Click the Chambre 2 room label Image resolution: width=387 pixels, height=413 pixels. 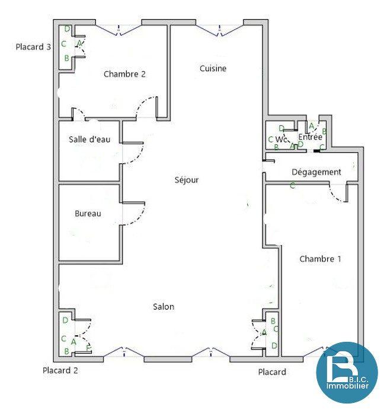click(x=124, y=74)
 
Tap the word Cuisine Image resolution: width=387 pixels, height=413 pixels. click(x=213, y=68)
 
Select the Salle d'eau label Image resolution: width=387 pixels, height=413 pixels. click(x=89, y=139)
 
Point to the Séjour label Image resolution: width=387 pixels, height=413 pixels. click(x=187, y=180)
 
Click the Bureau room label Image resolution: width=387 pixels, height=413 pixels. click(x=88, y=214)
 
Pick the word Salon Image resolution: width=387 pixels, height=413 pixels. click(x=164, y=307)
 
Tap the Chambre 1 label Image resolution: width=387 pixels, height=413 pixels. click(x=320, y=259)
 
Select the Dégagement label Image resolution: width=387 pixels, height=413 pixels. click(x=316, y=172)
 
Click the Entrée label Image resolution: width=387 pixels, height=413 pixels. click(x=310, y=137)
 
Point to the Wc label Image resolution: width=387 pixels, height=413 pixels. click(x=282, y=140)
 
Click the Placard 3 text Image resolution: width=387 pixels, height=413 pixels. click(x=33, y=47)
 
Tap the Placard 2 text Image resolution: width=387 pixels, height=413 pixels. click(x=60, y=370)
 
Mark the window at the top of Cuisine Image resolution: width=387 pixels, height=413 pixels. click(x=220, y=28)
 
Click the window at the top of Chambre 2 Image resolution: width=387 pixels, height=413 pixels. click(x=119, y=28)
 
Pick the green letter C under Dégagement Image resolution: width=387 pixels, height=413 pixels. click(x=292, y=186)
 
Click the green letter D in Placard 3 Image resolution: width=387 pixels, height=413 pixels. click(x=67, y=28)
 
